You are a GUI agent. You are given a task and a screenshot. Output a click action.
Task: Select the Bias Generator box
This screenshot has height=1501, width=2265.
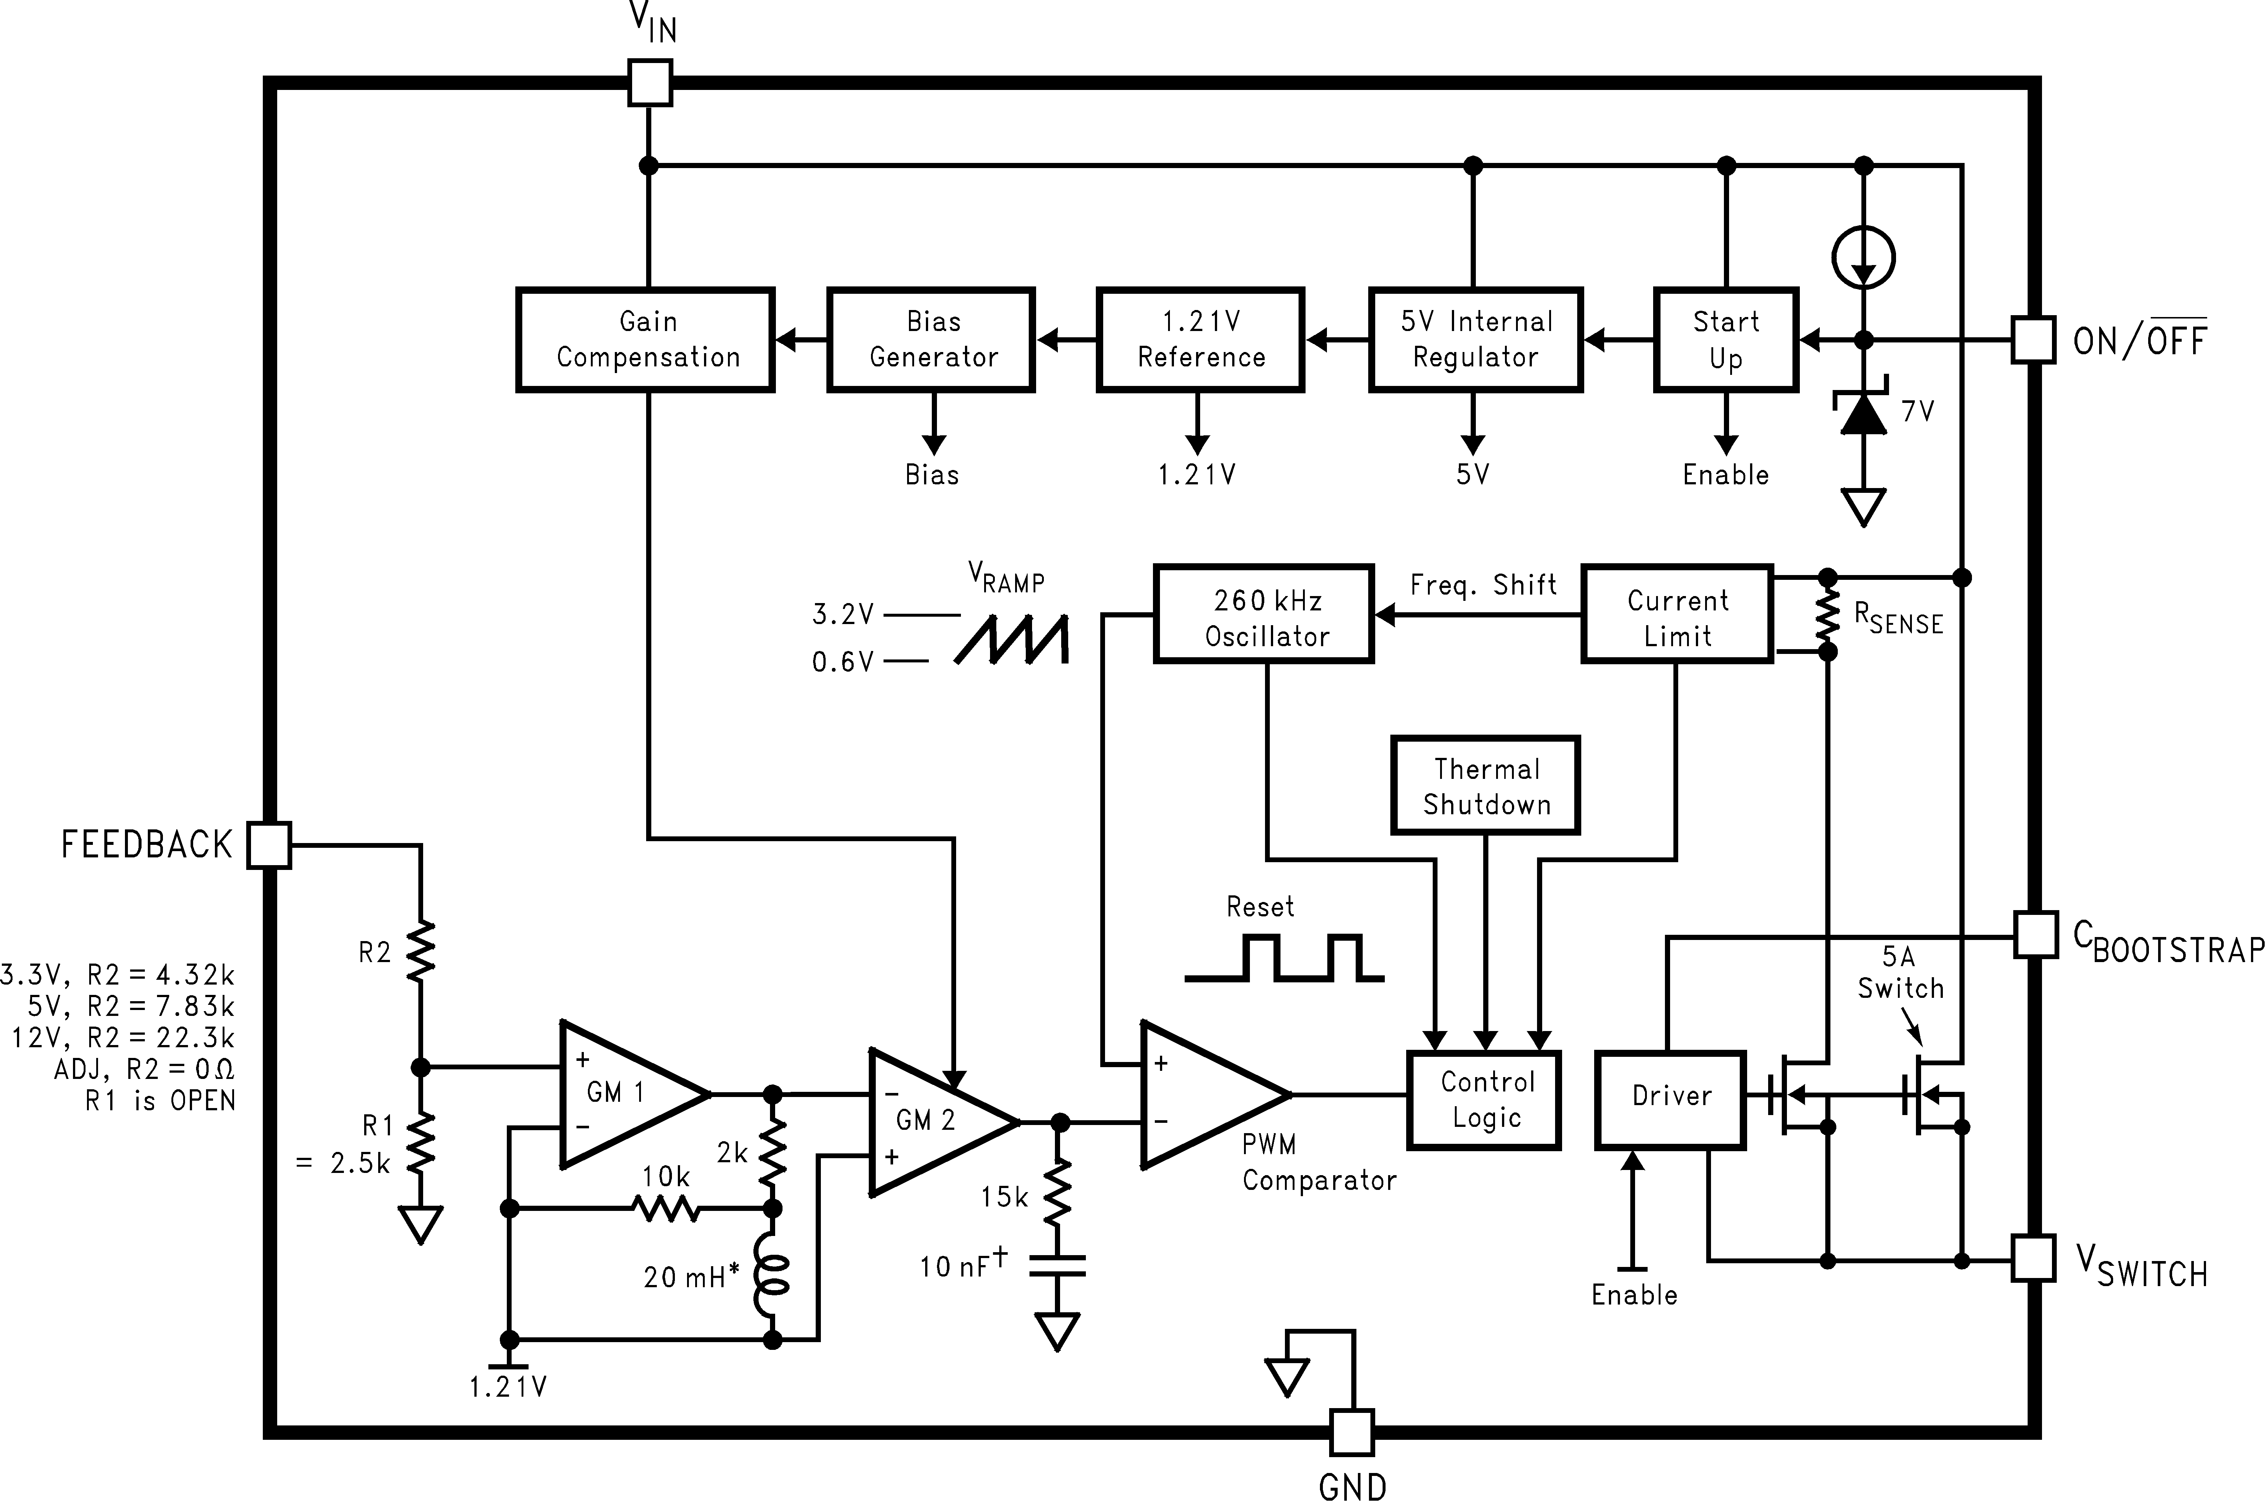[931, 340]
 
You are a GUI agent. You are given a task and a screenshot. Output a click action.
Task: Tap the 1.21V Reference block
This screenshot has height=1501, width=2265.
[1200, 340]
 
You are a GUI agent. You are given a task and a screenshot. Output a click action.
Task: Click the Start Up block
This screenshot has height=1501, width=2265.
[1725, 340]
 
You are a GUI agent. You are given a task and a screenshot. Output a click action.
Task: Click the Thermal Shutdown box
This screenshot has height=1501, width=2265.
[1485, 785]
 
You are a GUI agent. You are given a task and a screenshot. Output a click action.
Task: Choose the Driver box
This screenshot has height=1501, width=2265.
[1670, 1100]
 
